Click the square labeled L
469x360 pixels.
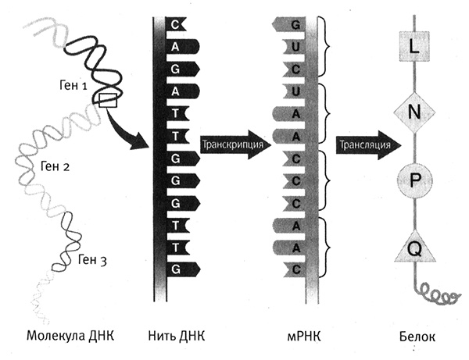tap(414, 49)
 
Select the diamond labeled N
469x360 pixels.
tap(414, 113)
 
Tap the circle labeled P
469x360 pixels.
tap(414, 180)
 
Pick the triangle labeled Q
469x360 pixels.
tap(414, 248)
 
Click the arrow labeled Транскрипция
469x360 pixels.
tap(234, 145)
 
